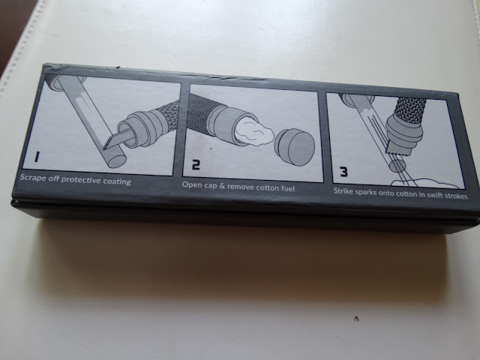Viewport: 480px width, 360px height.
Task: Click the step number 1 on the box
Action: coord(37,157)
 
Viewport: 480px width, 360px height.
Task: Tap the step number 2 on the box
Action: coord(196,165)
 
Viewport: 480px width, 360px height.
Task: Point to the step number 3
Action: coord(344,172)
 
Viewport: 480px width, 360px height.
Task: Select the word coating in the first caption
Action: coord(117,181)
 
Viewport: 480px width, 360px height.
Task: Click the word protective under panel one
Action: coord(81,180)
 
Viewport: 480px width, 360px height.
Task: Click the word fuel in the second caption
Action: coord(288,188)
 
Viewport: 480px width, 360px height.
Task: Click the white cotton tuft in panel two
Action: coord(254,132)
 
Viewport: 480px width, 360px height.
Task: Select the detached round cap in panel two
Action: coord(295,147)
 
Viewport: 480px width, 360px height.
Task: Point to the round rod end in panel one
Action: coord(117,160)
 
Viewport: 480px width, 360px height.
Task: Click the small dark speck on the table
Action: coord(356,319)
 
